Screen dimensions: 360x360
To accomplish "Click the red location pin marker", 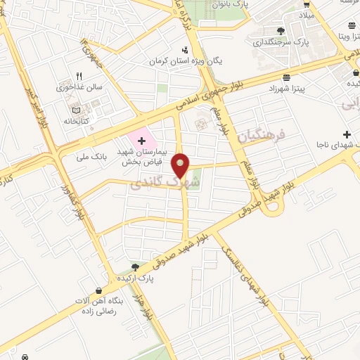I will (x=181, y=166).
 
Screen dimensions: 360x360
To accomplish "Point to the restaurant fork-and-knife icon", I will (x=79, y=77).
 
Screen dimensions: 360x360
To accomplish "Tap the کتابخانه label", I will (x=77, y=120).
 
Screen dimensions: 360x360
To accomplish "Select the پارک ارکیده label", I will (x=155, y=278).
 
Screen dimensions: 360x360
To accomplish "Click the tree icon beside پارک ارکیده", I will (x=134, y=267).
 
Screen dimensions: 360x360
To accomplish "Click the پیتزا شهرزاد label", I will (x=286, y=89).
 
